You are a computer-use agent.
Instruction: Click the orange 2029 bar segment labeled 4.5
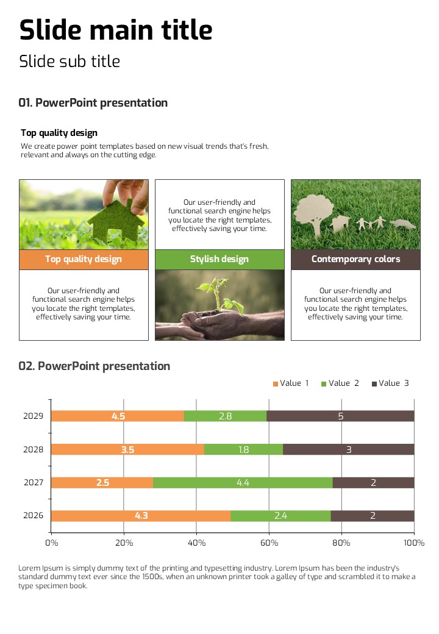pyautogui.click(x=118, y=416)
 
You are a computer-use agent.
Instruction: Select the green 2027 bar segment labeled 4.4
pyautogui.click(x=243, y=483)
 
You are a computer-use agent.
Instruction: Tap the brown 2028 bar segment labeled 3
pyautogui.click(x=349, y=450)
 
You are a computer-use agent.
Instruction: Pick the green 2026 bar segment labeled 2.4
pyautogui.click(x=280, y=516)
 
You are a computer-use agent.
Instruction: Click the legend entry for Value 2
pyautogui.click(x=340, y=383)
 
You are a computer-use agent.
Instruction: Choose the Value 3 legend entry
pyautogui.click(x=390, y=383)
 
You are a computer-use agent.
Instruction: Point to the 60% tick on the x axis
pyautogui.click(x=269, y=543)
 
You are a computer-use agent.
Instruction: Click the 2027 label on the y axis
pyautogui.click(x=34, y=483)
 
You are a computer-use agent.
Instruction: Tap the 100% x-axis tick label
pyautogui.click(x=414, y=543)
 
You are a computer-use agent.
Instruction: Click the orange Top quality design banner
pyautogui.click(x=84, y=259)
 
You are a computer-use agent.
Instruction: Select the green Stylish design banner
pyautogui.click(x=220, y=259)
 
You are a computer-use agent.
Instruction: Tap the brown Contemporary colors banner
pyautogui.click(x=355, y=259)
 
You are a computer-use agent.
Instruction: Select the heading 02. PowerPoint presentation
pyautogui.click(x=95, y=366)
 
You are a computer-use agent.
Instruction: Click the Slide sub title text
pyautogui.click(x=70, y=62)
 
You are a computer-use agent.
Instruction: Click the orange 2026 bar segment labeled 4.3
pyautogui.click(x=141, y=516)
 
